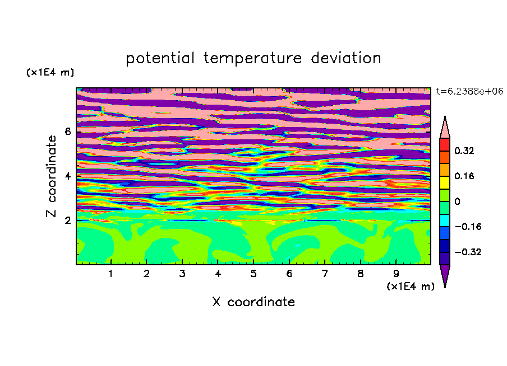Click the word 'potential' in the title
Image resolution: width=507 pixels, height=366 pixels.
pyautogui.click(x=160, y=58)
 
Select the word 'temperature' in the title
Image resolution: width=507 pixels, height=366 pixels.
pyautogui.click(x=253, y=58)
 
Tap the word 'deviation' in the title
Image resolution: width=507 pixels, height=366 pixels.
pyautogui.click(x=346, y=58)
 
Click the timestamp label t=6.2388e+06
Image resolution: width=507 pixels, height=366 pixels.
pyautogui.click(x=469, y=91)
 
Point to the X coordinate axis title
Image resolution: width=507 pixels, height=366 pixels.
pyautogui.click(x=253, y=302)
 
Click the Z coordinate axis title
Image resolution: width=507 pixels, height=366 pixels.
pyautogui.click(x=52, y=176)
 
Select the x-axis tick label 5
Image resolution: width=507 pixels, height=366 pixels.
pyautogui.click(x=253, y=274)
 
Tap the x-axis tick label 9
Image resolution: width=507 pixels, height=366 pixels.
pyautogui.click(x=396, y=274)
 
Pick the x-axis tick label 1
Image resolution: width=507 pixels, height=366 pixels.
pyautogui.click(x=111, y=274)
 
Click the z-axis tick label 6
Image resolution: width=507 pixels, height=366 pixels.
pyautogui.click(x=68, y=132)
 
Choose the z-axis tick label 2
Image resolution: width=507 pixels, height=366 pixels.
pyautogui.click(x=68, y=220)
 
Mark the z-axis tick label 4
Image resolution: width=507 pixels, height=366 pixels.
pyautogui.click(x=68, y=176)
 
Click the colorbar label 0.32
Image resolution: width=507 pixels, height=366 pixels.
pyautogui.click(x=464, y=151)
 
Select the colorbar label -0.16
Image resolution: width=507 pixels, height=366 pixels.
pyautogui.click(x=468, y=227)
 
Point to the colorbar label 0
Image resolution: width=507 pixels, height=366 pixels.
pyautogui.click(x=457, y=201)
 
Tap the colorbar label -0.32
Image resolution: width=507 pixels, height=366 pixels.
pyautogui.click(x=468, y=252)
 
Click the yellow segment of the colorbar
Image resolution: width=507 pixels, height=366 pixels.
pyautogui.click(x=445, y=182)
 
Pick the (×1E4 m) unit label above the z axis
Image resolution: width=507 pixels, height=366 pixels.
pyautogui.click(x=50, y=72)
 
